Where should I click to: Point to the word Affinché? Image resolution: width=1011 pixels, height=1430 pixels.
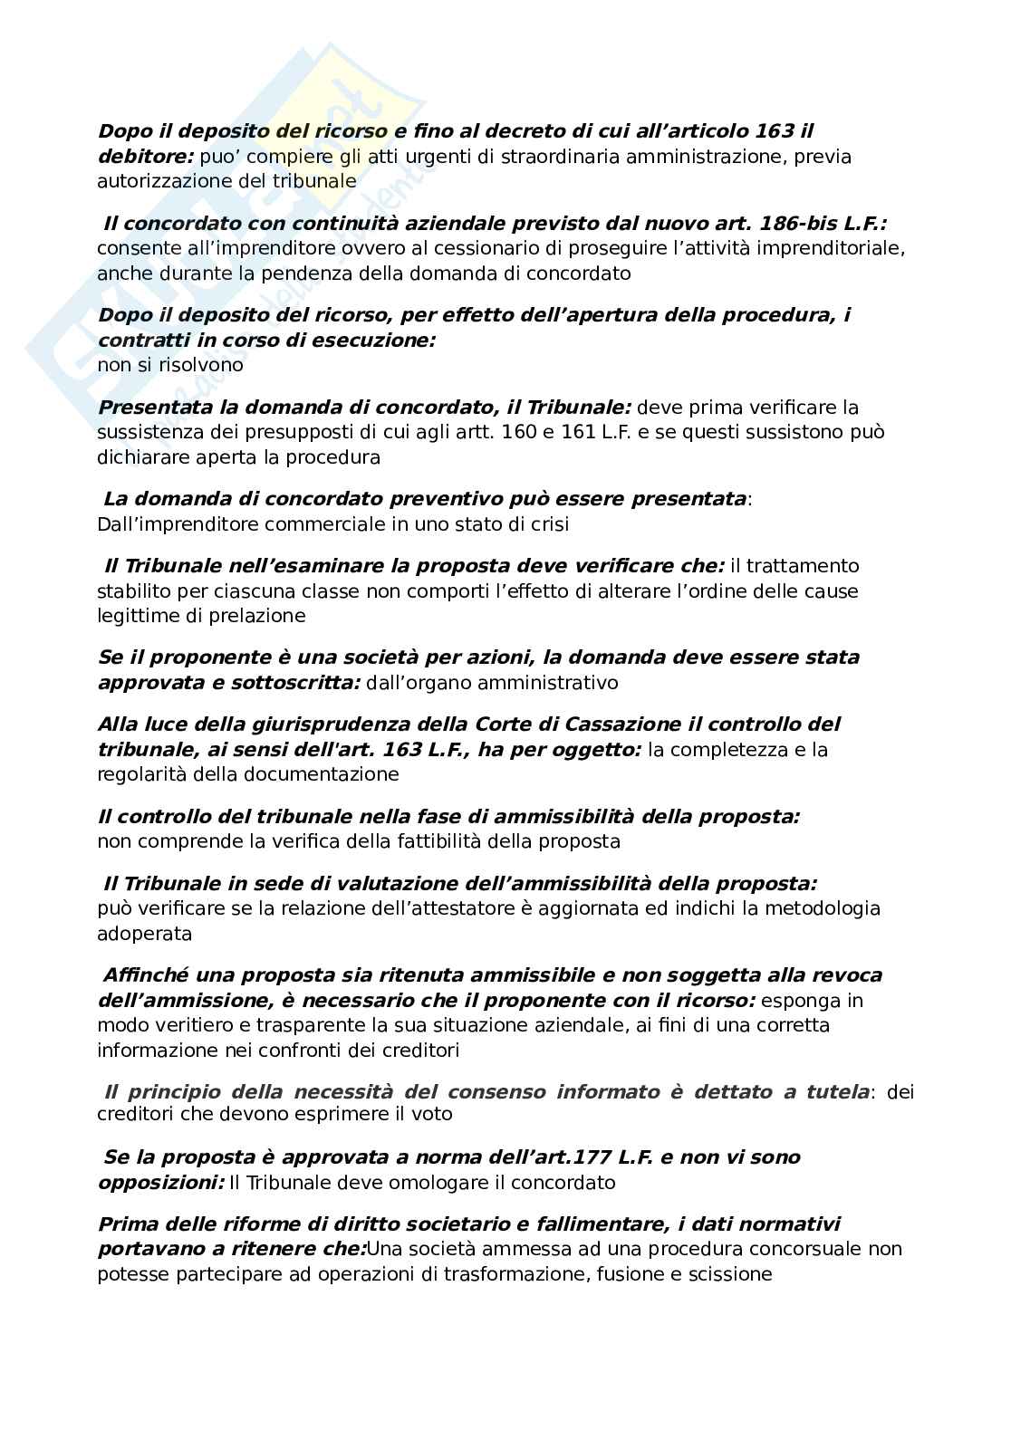149,974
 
